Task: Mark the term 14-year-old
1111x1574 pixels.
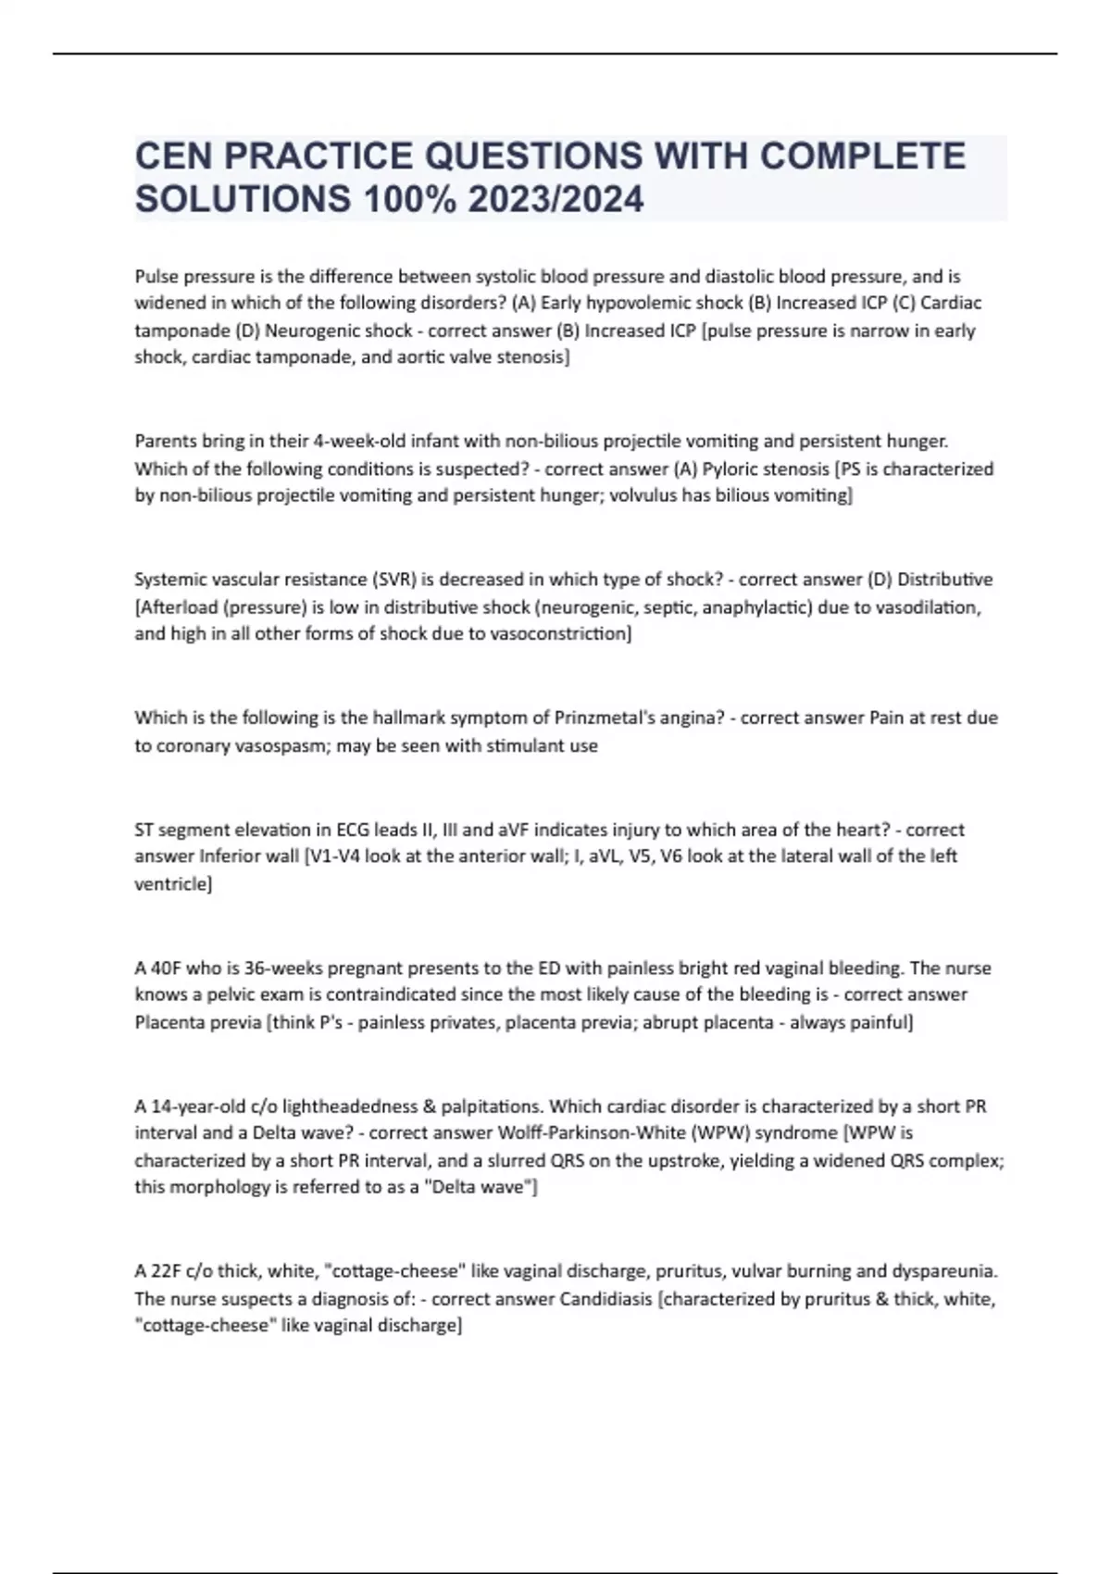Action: point(195,1106)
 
